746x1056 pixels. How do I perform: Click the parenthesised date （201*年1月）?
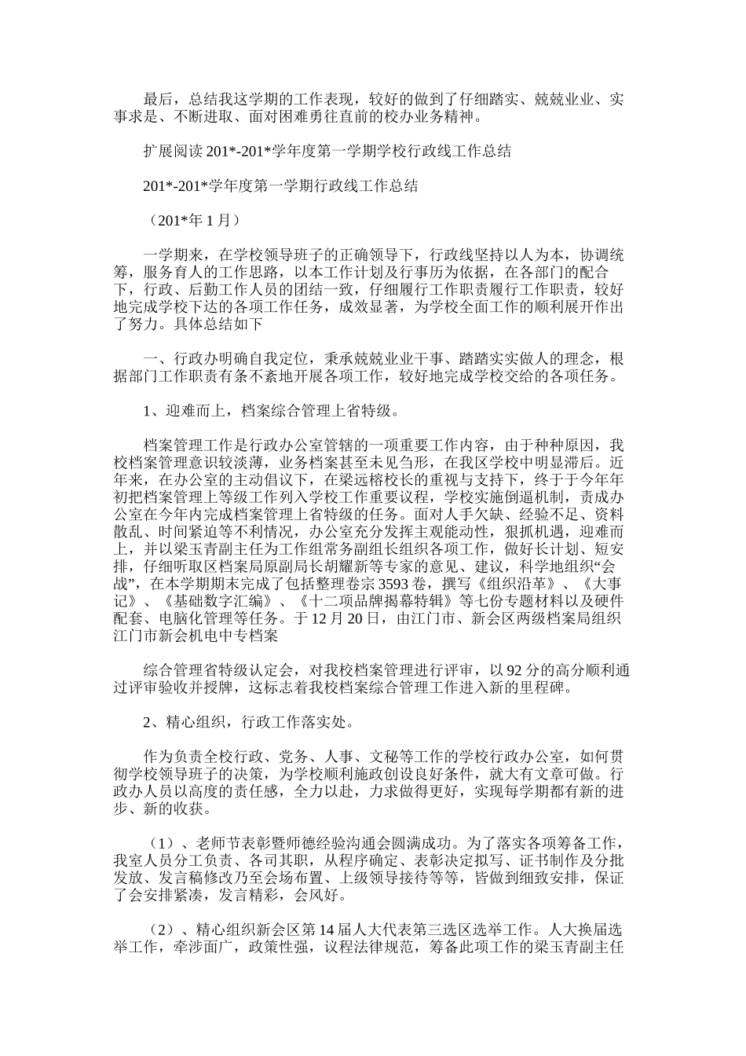click(x=192, y=221)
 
